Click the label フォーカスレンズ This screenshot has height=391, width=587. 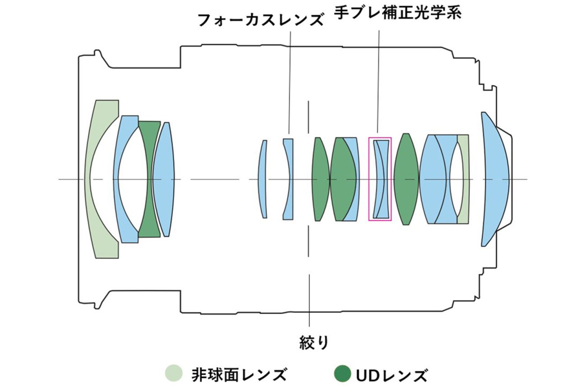(261, 20)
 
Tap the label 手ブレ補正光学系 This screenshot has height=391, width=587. (398, 12)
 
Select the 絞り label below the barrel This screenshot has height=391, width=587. (314, 342)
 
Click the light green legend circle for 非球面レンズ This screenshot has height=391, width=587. (174, 373)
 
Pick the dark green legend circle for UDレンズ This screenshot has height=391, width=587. (343, 373)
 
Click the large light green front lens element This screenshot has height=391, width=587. (94, 179)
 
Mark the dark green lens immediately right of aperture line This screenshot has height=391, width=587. (321, 179)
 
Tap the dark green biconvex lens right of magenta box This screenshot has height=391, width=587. (406, 179)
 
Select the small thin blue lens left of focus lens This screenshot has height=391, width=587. (262, 179)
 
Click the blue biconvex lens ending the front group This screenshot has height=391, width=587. (164, 179)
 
